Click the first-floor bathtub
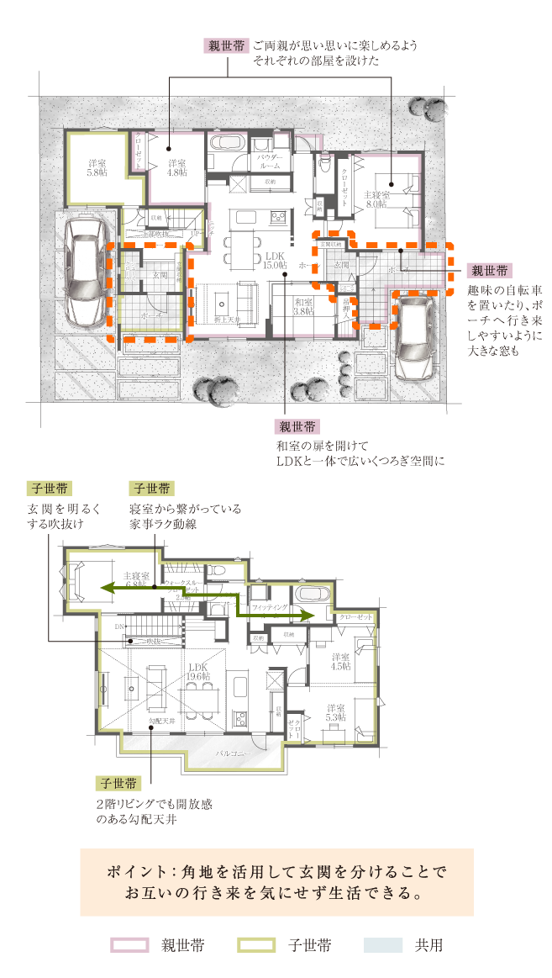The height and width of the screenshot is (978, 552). click(x=225, y=142)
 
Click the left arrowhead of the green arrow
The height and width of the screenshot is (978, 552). click(x=103, y=588)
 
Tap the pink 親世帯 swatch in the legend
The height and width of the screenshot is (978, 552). click(x=130, y=945)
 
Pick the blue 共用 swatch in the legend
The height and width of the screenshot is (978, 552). click(x=384, y=945)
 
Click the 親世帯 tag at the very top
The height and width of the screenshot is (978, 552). click(x=226, y=46)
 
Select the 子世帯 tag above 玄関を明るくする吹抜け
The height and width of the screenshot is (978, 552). click(x=49, y=489)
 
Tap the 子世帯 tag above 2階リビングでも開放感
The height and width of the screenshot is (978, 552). click(x=117, y=783)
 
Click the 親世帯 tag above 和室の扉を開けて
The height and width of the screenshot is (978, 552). click(x=297, y=426)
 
